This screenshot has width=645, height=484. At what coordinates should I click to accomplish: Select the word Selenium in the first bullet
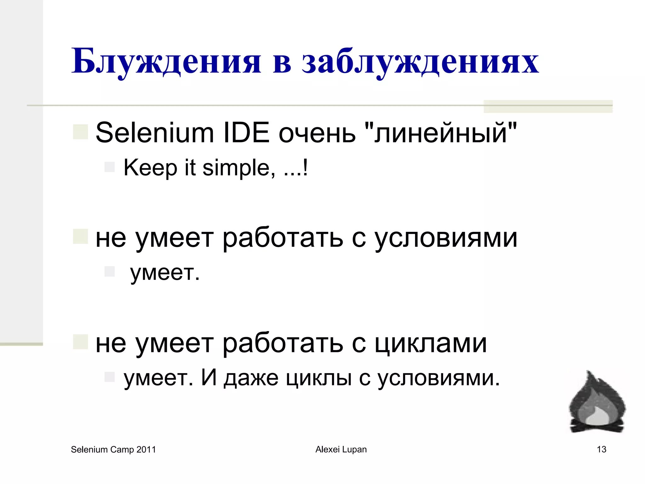[155, 133]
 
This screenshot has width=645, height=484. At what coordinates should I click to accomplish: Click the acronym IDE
[246, 133]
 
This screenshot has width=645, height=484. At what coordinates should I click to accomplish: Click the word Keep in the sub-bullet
[151, 168]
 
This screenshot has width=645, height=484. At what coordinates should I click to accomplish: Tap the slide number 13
[602, 449]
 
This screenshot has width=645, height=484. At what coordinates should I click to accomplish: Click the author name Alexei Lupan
[341, 449]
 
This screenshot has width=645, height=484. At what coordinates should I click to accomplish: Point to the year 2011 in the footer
[146, 450]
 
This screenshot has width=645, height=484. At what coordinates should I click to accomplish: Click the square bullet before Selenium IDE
[80, 132]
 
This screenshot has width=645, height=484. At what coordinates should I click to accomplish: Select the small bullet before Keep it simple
[110, 167]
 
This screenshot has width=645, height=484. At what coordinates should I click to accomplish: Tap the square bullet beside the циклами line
[80, 342]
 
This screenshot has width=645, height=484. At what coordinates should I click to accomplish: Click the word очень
[317, 133]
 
